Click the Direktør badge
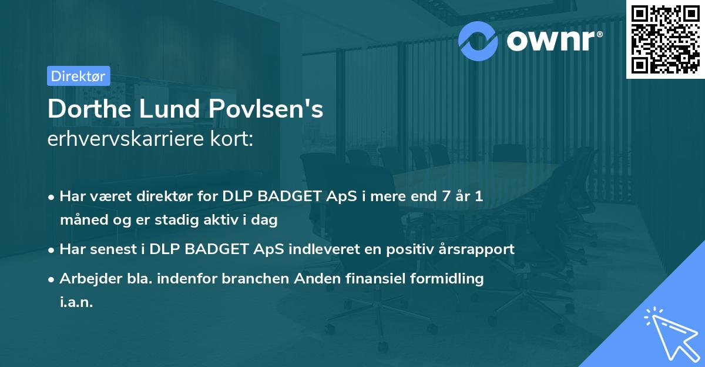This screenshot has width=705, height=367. pos(78,76)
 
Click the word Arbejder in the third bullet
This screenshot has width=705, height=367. pos(86,278)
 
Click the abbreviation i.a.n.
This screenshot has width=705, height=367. pos(76,302)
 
